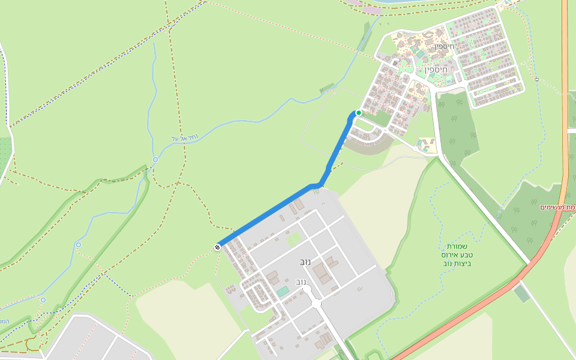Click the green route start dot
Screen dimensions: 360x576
pyautogui.click(x=359, y=113)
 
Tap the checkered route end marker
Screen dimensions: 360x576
pyautogui.click(x=217, y=247)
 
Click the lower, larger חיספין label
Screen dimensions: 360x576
pyautogui.click(x=436, y=70)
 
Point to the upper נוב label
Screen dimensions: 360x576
pyautogui.click(x=305, y=263)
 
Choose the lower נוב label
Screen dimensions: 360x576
pyautogui.click(x=302, y=281)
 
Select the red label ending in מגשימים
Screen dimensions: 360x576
pyautogui.click(x=558, y=207)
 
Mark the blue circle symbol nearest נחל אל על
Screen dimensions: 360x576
pyautogui.click(x=155, y=160)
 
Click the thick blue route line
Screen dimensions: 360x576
pyautogui.click(x=270, y=214)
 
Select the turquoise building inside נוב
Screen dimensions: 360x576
pyautogui.click(x=282, y=292)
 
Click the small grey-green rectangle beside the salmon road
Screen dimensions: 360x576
pyautogui.click(x=522, y=293)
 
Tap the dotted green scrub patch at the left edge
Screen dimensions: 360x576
pyautogui.click(x=5, y=153)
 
